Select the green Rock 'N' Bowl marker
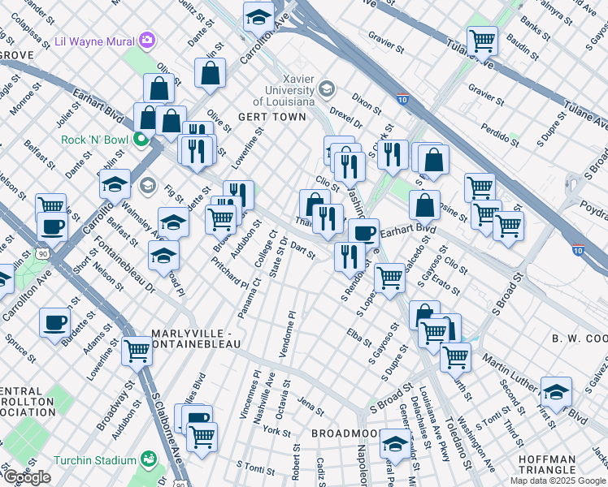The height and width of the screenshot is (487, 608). point(141,139)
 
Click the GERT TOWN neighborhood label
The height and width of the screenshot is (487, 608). point(271,117)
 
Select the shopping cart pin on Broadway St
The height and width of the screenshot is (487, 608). point(137,351)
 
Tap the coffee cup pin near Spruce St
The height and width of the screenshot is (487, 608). point(55,322)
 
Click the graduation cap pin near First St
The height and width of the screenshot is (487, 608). point(556,390)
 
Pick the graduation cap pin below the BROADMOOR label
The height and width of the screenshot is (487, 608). point(395,443)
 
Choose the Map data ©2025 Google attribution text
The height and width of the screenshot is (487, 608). point(557,481)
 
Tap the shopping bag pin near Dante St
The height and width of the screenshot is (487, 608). point(210,73)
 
